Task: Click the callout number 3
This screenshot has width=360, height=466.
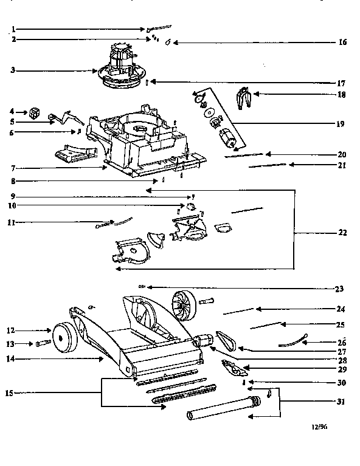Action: (x=13, y=70)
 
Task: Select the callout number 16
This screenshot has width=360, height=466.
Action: (x=342, y=43)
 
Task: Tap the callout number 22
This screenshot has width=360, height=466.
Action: (x=342, y=232)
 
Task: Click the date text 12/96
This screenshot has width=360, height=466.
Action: (x=319, y=427)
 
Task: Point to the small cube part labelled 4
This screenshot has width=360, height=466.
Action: (x=33, y=112)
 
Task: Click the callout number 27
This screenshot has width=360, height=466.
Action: (x=342, y=351)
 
